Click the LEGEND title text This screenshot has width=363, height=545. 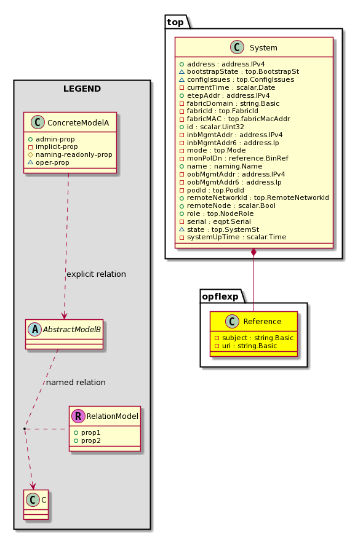click(82, 89)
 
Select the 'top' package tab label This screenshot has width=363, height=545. click(175, 22)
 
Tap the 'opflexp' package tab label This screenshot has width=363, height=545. click(220, 296)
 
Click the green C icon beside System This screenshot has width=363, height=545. click(237, 47)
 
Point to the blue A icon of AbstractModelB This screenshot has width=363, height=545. click(35, 329)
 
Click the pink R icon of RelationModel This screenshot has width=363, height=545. click(78, 416)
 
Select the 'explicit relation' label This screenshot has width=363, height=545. click(97, 274)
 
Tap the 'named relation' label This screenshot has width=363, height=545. click(76, 383)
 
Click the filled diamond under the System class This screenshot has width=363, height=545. click(254, 253)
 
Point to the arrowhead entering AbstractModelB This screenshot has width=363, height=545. click(64, 316)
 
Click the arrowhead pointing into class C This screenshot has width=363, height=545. click(33, 486)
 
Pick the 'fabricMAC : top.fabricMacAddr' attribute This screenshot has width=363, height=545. click(238, 119)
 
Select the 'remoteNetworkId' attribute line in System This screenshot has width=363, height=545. click(258, 198)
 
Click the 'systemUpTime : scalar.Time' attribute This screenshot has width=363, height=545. click(236, 237)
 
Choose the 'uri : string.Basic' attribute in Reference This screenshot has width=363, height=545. click(249, 346)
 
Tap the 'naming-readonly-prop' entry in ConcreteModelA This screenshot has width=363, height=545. click(74, 154)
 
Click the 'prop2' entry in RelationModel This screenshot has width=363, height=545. click(91, 440)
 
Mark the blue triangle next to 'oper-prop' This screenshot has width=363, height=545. click(30, 162)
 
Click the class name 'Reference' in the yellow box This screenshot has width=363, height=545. click(262, 322)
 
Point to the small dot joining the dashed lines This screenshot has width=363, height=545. click(25, 429)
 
